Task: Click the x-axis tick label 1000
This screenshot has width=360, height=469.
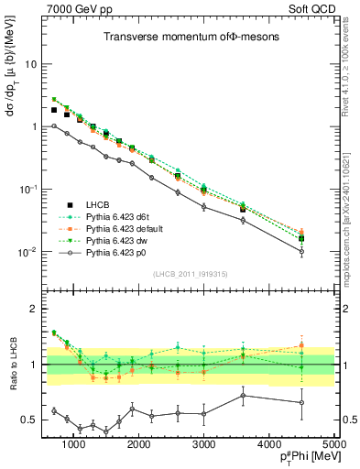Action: [73, 443]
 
